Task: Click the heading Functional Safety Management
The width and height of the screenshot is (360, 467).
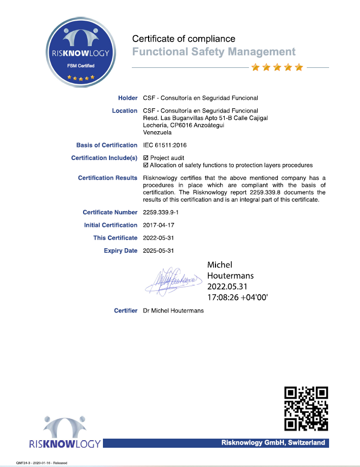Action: tap(213, 52)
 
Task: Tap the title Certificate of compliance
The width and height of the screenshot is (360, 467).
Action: tap(184, 38)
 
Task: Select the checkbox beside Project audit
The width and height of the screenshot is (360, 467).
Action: tap(146, 158)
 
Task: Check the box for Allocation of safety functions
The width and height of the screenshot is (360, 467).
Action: tap(146, 165)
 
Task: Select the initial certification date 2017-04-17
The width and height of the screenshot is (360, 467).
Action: tap(159, 225)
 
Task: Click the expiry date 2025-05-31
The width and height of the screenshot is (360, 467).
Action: tap(159, 251)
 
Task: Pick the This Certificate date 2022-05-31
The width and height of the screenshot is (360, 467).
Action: tap(159, 238)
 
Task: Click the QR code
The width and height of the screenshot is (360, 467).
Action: tap(306, 408)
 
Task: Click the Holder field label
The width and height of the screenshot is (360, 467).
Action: tap(128, 98)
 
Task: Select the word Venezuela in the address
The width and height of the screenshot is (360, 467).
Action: tap(158, 133)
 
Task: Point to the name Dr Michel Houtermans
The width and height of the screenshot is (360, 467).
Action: tap(173, 310)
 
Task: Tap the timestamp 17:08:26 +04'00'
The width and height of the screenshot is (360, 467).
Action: tap(237, 297)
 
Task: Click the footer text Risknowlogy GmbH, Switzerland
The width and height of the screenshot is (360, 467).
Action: tap(273, 443)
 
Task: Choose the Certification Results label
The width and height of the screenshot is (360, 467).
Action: tap(107, 178)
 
